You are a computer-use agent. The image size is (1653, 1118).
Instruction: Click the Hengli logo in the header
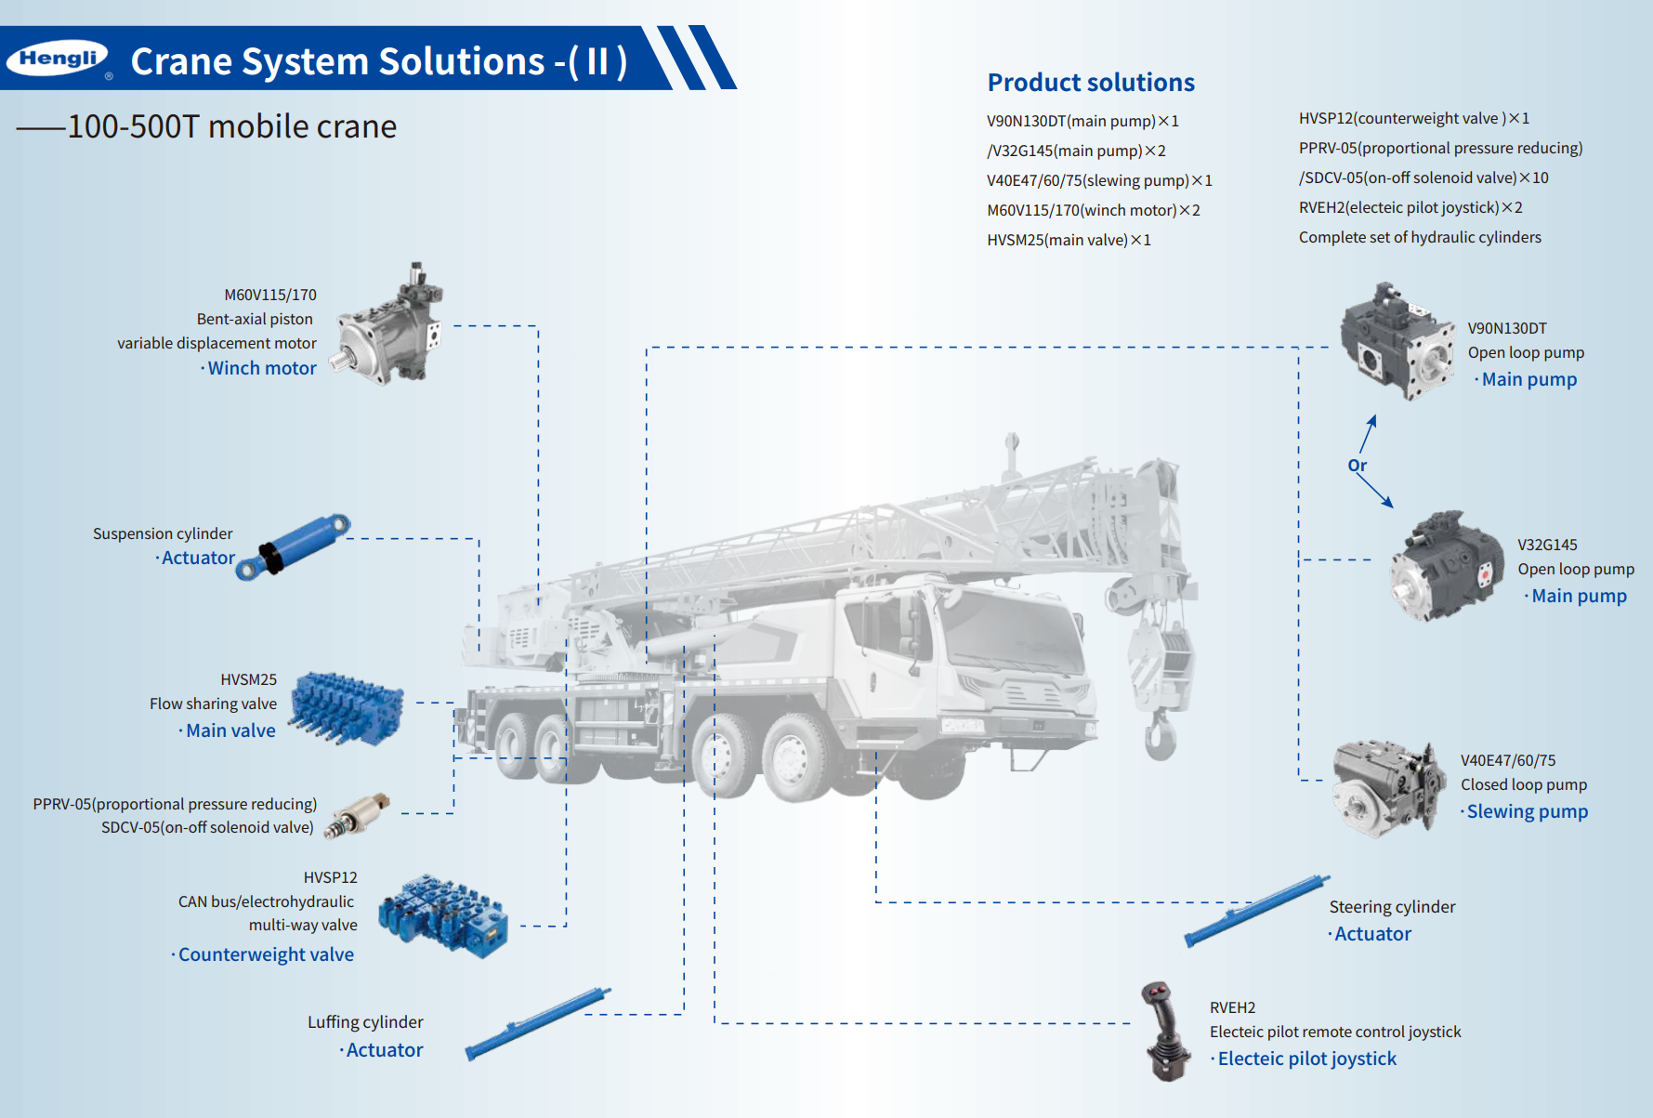pyautogui.click(x=58, y=59)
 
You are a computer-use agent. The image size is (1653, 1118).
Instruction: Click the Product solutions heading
pyautogui.click(x=1091, y=83)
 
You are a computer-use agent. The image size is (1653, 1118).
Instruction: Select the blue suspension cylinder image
pyautogui.click(x=293, y=546)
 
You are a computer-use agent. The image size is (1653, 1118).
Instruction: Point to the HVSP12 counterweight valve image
pyautogui.click(x=443, y=915)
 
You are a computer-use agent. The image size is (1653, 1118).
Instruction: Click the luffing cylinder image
pyautogui.click(x=538, y=1023)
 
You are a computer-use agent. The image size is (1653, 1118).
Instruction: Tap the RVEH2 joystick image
pyautogui.click(x=1165, y=1033)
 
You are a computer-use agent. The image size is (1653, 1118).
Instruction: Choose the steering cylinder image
pyautogui.click(x=1256, y=911)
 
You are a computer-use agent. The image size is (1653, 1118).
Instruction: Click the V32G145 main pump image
pyautogui.click(x=1446, y=566)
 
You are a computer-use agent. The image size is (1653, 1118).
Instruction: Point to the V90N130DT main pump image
pyautogui.click(x=1397, y=341)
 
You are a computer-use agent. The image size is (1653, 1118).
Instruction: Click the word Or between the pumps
pyautogui.click(x=1358, y=466)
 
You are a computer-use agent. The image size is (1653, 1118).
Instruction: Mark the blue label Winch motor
pyautogui.click(x=262, y=368)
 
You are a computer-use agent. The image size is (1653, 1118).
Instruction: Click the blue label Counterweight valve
pyautogui.click(x=266, y=954)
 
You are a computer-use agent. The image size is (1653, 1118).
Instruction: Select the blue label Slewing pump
pyautogui.click(x=1528, y=811)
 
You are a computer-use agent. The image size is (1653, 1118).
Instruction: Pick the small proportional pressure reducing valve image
pyautogui.click(x=357, y=816)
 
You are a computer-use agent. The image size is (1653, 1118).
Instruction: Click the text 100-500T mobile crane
pyautogui.click(x=231, y=126)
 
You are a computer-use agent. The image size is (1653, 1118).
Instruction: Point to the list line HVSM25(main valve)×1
pyautogui.click(x=1069, y=240)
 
